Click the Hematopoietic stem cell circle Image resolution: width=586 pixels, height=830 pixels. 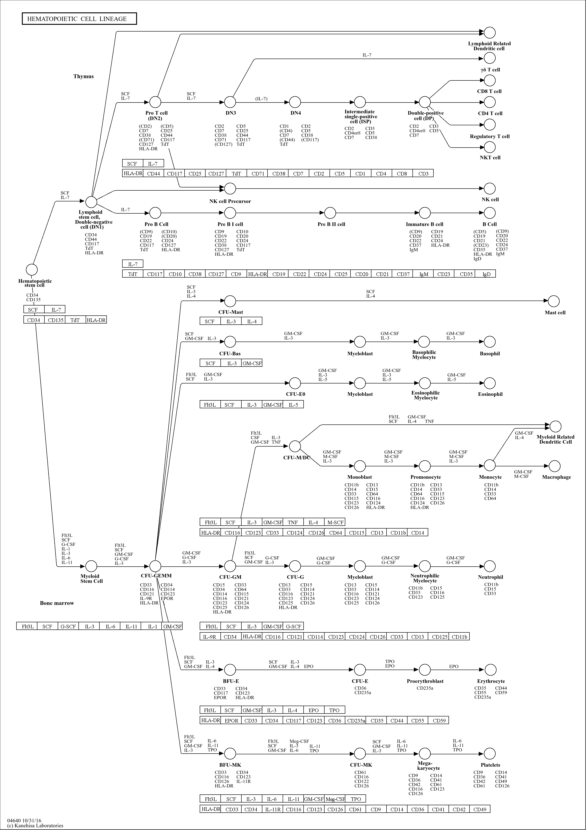coord(32,270)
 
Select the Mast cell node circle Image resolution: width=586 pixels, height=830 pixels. coord(554,301)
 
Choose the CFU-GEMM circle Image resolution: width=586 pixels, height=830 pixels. coord(155,566)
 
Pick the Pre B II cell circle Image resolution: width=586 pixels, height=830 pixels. coord(330,213)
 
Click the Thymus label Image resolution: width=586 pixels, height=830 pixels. coord(84,76)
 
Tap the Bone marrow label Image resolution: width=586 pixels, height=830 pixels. coord(57,603)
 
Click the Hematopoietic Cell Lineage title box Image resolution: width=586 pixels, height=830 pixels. coord(79,19)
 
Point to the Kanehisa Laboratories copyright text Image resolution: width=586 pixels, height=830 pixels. coord(35,825)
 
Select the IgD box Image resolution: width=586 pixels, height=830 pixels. coord(487,274)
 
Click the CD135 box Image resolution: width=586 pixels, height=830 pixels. coord(55,320)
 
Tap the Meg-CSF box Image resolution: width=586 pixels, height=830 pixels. coord(335,798)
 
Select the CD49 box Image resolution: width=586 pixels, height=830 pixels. coord(480,809)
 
